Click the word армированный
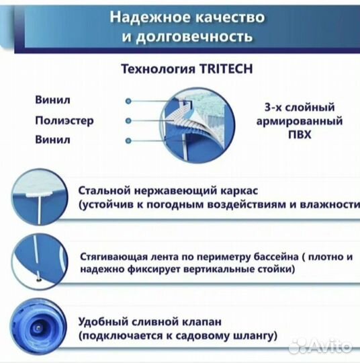tap(301, 122)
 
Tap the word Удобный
tap(103, 321)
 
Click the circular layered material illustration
tap(201, 120)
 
